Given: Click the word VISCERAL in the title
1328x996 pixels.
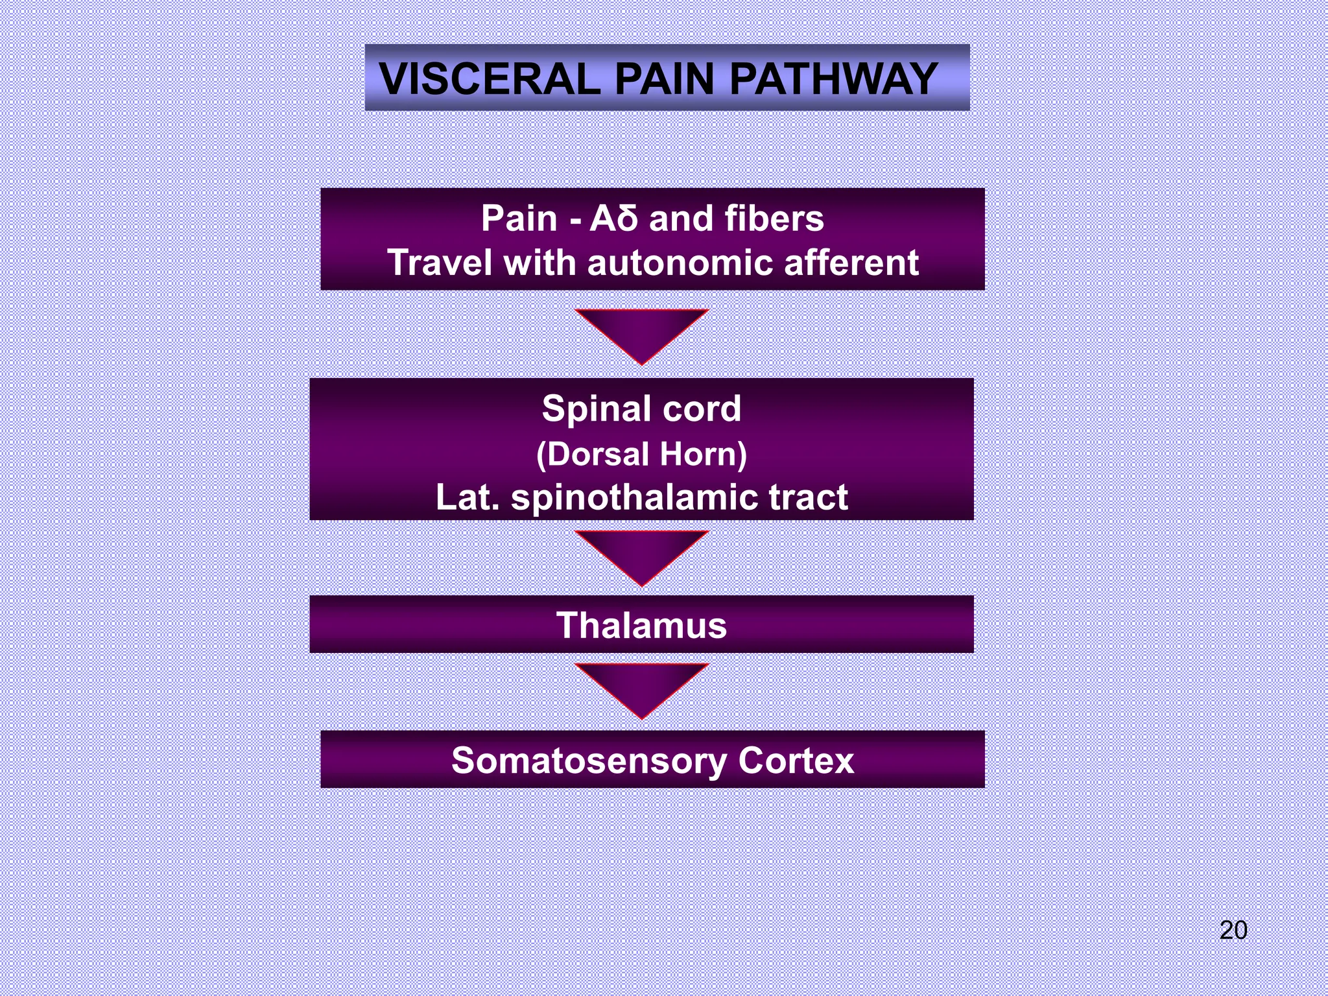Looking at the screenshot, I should click(490, 79).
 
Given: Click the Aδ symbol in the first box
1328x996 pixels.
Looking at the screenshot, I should click(613, 219).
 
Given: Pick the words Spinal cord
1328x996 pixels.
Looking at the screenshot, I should click(641, 409).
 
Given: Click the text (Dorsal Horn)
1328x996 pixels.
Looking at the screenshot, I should click(641, 454).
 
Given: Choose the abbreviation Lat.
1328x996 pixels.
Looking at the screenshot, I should click(468, 498).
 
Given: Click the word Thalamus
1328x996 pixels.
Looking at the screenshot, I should click(641, 626).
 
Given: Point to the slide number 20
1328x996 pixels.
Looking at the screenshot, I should click(1233, 930).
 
